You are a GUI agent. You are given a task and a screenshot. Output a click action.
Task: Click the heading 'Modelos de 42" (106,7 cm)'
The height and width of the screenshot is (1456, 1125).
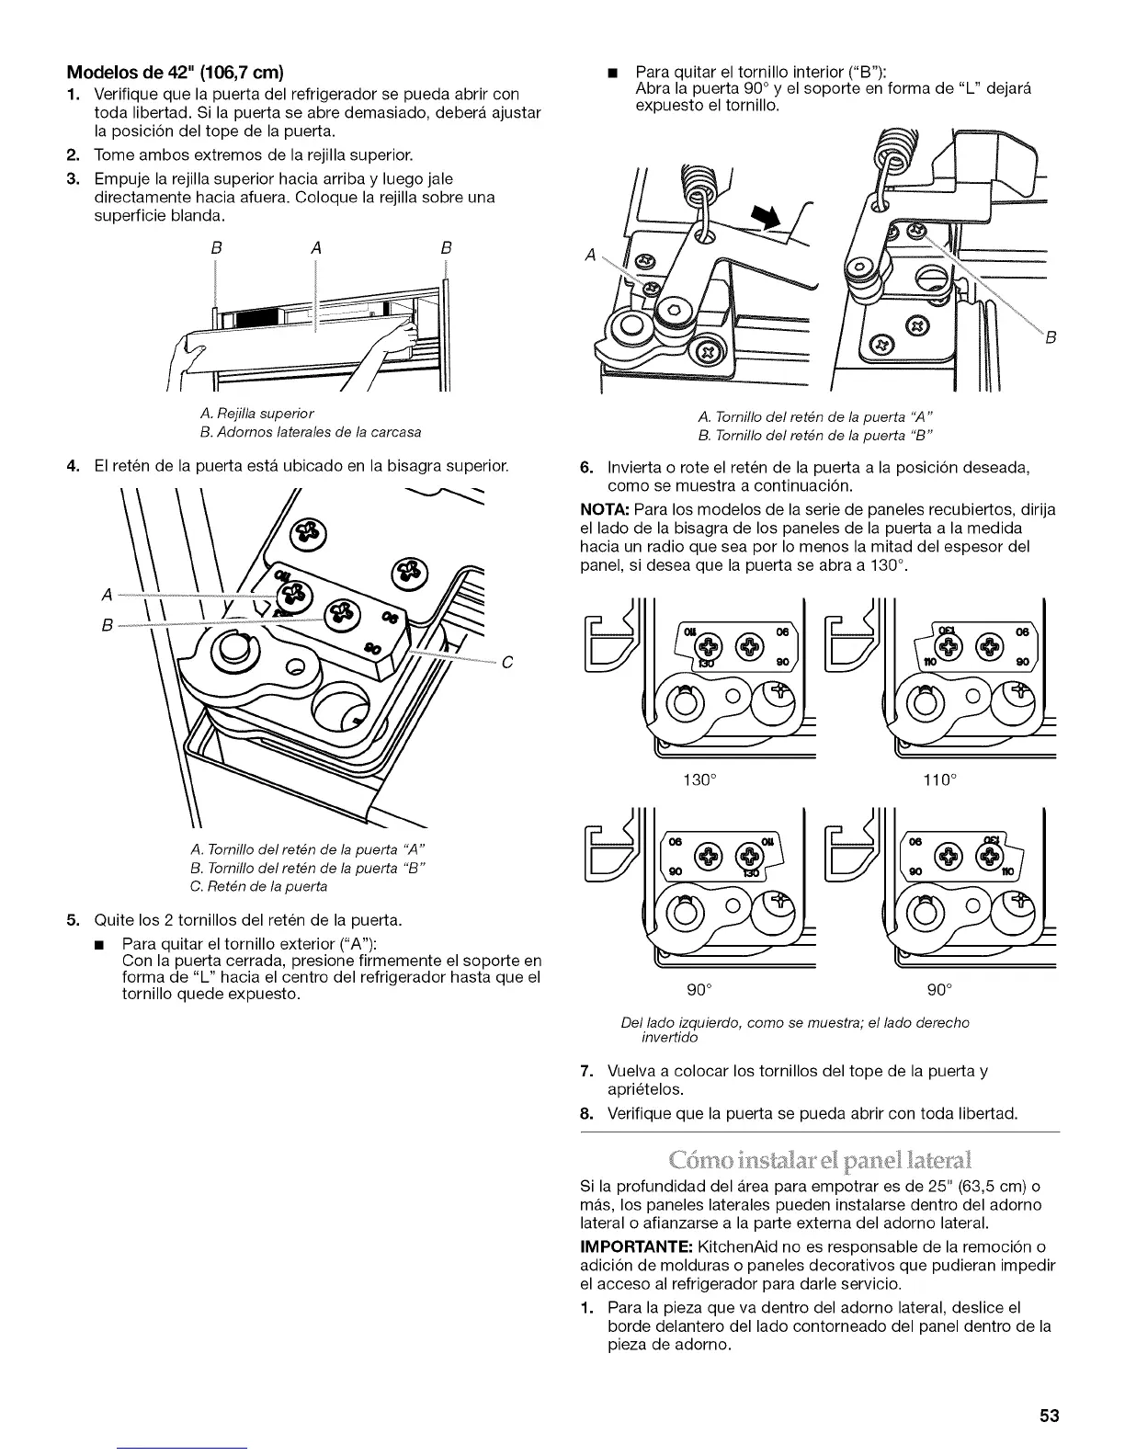pyautogui.click(x=172, y=74)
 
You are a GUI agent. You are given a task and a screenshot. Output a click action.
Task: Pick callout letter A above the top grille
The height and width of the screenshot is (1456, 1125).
pyautogui.click(x=315, y=246)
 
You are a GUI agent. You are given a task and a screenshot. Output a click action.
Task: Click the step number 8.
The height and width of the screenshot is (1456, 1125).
pyautogui.click(x=585, y=1115)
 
